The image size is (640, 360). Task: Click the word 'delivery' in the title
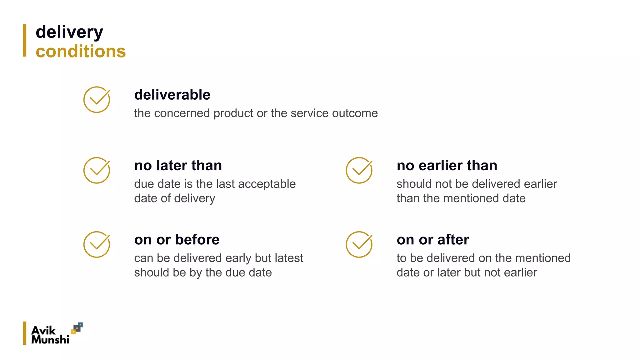pos(69,32)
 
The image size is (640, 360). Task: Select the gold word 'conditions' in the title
pos(81,52)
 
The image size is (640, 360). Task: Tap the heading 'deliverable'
pos(172,95)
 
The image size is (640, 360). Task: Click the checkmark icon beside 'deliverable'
pos(97,100)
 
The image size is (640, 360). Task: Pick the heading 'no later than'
pos(178,165)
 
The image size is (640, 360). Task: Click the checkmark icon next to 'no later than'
pos(97,170)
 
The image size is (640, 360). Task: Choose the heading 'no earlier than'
pos(447,165)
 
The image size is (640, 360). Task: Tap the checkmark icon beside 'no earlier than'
pos(359,170)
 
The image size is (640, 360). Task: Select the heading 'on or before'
pos(177,240)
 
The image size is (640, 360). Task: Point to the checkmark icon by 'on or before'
pos(97,245)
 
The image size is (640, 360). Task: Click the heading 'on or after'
pos(433,240)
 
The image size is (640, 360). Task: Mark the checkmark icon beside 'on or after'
pos(359,245)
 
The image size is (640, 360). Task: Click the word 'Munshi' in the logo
pos(50,339)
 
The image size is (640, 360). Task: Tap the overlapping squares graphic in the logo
pos(77,328)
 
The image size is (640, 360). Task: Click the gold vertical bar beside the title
pos(25,40)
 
